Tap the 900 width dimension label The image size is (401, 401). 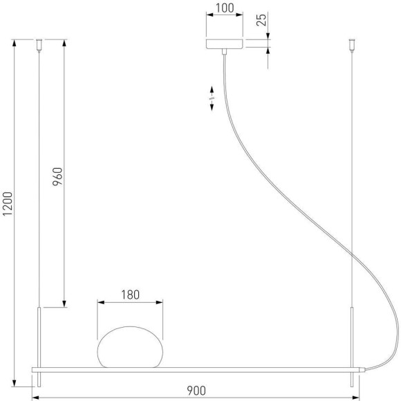pyautogui.click(x=197, y=391)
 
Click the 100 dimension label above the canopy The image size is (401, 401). pyautogui.click(x=225, y=9)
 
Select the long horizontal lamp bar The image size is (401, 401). pyautogui.click(x=197, y=367)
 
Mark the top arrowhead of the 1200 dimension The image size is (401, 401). pyautogui.click(x=15, y=43)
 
